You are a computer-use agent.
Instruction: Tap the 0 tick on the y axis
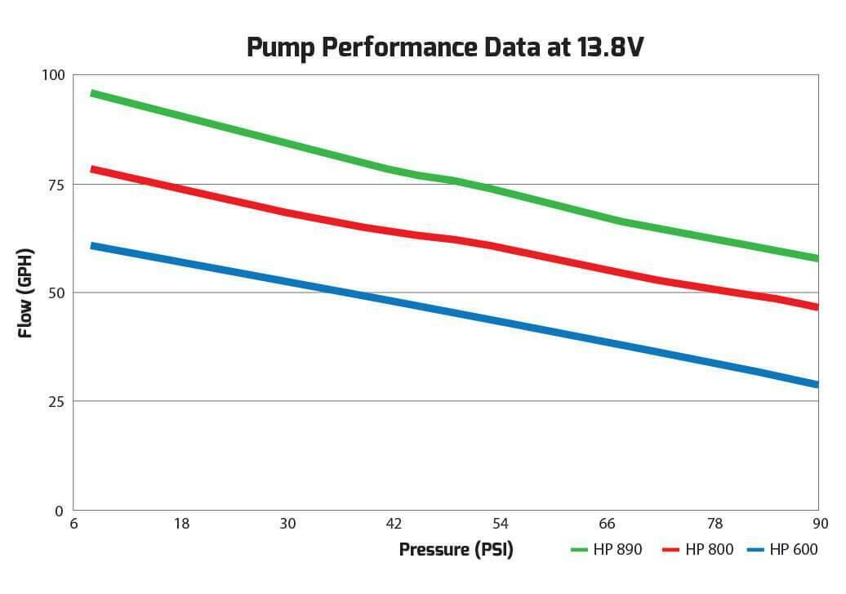click(x=58, y=511)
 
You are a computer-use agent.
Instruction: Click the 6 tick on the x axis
click(x=74, y=524)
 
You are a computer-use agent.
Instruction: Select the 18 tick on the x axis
click(x=181, y=524)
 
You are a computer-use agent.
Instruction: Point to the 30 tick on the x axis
click(x=287, y=524)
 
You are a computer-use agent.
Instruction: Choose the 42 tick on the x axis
click(x=394, y=524)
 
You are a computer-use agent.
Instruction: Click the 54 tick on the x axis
click(x=500, y=524)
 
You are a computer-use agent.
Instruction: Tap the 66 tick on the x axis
click(x=607, y=524)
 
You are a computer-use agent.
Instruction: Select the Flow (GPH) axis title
click(x=25, y=293)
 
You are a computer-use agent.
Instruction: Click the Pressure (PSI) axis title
click(x=456, y=550)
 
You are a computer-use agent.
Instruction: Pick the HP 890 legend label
click(x=618, y=550)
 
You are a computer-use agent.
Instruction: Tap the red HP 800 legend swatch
click(x=670, y=550)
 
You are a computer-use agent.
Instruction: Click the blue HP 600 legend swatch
click(x=755, y=550)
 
